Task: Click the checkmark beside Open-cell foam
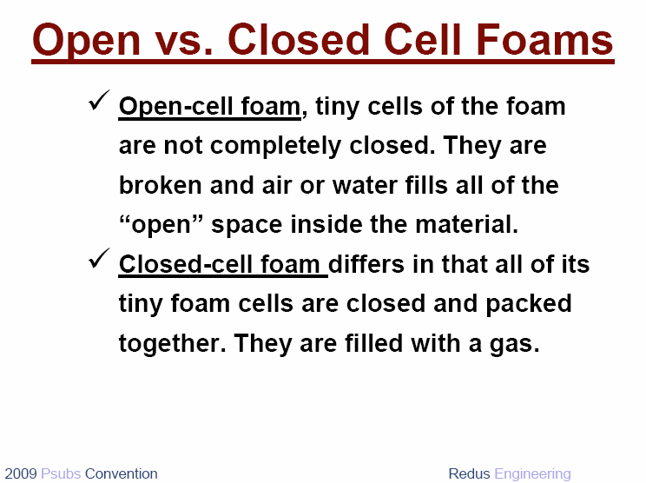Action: pos(99,100)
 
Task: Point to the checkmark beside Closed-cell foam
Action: pos(99,258)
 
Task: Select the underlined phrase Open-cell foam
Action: pos(210,107)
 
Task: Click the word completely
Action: pos(275,146)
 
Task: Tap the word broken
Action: pos(161,185)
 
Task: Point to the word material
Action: pos(466,224)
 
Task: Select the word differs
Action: pos(366,264)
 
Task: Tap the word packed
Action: pos(529,304)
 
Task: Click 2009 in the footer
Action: pos(21,473)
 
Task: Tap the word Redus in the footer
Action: pos(469,473)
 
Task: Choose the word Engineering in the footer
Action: pos(533,474)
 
